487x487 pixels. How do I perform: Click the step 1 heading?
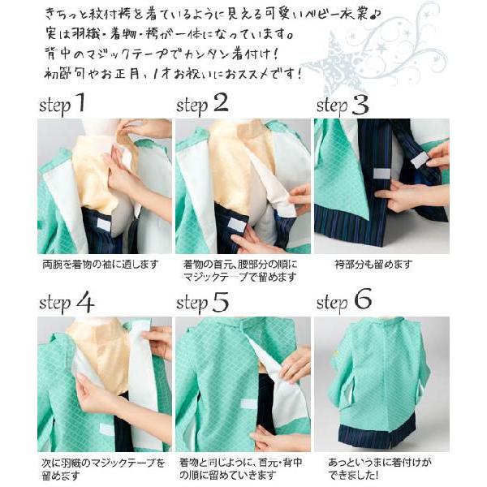pyautogui.click(x=62, y=105)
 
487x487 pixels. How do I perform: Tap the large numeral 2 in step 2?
pyautogui.click(x=221, y=103)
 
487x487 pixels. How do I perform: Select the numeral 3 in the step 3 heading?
pyautogui.click(x=360, y=105)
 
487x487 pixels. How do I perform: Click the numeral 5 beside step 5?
pyautogui.click(x=221, y=302)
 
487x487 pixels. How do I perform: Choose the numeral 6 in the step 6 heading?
pyautogui.click(x=363, y=299)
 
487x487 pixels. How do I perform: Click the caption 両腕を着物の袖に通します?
pyautogui.click(x=101, y=265)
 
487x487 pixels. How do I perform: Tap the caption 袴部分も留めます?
pyautogui.click(x=373, y=265)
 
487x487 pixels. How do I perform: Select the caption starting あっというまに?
pyautogui.click(x=380, y=468)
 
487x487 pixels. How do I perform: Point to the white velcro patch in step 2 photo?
pyautogui.click(x=237, y=223)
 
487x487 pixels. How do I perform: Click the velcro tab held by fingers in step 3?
pyautogui.click(x=419, y=161)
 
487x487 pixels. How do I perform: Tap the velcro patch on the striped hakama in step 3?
pyautogui.click(x=381, y=174)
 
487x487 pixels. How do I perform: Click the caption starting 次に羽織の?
pyautogui.click(x=103, y=468)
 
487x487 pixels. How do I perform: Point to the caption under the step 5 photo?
pyautogui.click(x=241, y=468)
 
